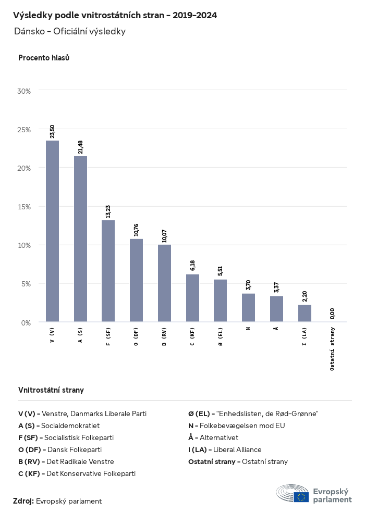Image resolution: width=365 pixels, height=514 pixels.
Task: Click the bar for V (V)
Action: [x=52, y=231]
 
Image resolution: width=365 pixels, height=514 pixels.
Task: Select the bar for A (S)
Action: [x=80, y=239]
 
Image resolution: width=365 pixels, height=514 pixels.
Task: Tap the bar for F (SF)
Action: [x=108, y=271]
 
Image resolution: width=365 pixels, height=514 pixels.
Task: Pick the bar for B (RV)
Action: [x=164, y=283]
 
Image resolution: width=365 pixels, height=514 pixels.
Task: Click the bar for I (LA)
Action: [x=305, y=314]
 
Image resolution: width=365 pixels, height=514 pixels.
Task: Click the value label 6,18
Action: [x=192, y=265]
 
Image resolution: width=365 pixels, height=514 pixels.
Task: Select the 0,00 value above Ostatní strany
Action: [x=333, y=313]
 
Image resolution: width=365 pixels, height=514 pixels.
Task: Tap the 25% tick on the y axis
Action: [x=24, y=130]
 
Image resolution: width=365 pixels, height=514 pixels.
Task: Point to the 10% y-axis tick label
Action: [x=24, y=245]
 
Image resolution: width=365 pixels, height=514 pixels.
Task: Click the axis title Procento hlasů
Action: [x=44, y=58]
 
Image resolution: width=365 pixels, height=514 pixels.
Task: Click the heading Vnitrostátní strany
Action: [x=51, y=390]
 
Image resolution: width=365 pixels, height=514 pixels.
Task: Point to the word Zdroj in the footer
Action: [x=23, y=501]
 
